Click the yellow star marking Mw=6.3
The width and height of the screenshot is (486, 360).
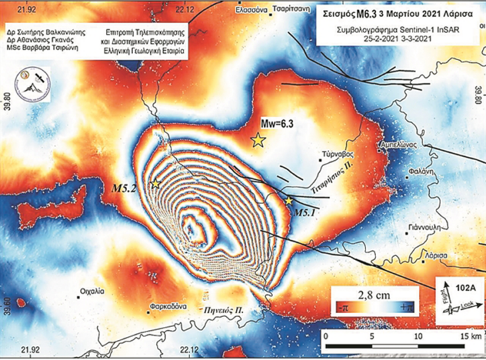click(258, 140)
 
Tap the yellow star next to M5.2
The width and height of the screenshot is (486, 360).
click(156, 184)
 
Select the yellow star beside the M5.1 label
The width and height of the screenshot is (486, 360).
click(289, 200)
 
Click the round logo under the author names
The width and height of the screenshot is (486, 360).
click(32, 85)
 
